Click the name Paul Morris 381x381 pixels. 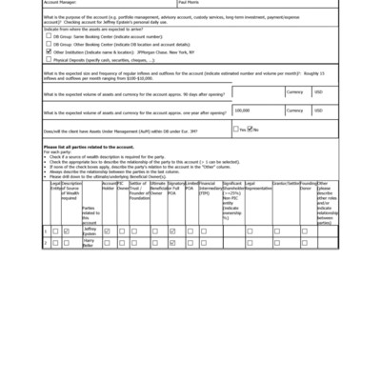[186, 3]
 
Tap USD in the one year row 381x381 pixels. [318, 111]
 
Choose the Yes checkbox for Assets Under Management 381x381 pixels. [237, 129]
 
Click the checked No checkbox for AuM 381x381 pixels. [252, 129]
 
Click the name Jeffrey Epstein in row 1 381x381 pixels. [90, 231]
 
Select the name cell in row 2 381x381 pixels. [90, 243]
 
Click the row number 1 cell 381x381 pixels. [46, 231]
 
